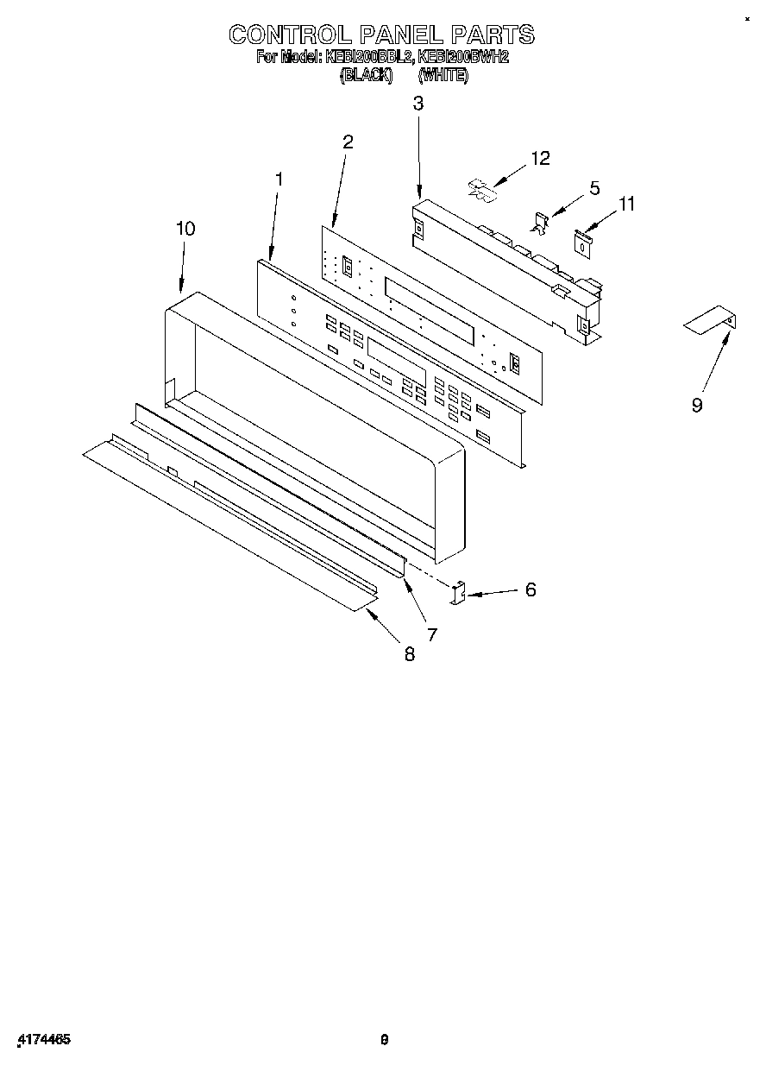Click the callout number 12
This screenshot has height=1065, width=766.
coord(541,158)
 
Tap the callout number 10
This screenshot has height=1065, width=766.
coord(185,229)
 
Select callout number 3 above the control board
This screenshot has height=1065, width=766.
coord(418,104)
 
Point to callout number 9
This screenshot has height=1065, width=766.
coord(697,405)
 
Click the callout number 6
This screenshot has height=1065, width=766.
coord(531,589)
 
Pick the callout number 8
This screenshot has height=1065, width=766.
coord(409,654)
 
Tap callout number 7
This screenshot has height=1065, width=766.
coord(431,634)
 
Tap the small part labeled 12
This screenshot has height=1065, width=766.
coord(482,191)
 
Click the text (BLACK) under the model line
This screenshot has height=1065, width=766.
coord(366,75)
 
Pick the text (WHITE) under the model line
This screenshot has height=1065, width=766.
coord(443,75)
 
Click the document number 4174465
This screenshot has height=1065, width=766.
coord(43,1040)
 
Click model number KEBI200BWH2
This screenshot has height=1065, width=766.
coord(463,58)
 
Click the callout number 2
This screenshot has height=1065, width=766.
coord(348,142)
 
